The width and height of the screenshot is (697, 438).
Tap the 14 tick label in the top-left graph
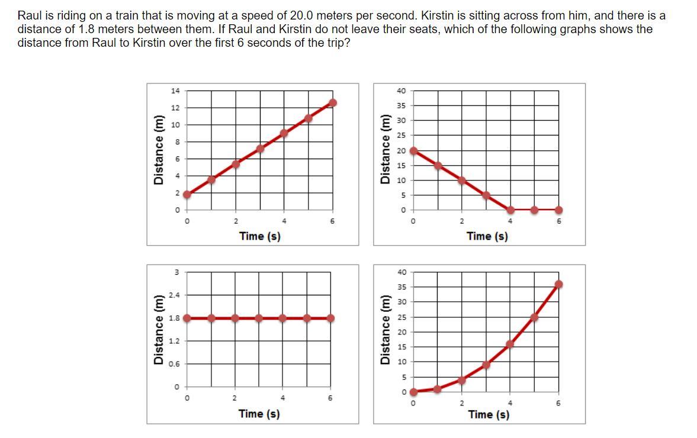175,91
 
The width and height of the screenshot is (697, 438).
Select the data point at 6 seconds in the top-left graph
332,103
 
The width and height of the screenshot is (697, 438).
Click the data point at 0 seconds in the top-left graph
188,194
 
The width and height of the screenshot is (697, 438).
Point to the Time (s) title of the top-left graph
260,236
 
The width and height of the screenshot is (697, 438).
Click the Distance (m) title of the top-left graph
158,150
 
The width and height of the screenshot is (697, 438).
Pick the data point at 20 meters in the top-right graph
414,151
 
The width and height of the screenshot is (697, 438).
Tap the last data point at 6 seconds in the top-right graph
558,210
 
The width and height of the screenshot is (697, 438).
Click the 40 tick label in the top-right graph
402,91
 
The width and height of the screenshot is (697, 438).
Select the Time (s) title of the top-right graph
487,236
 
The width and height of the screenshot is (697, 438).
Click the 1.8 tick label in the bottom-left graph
174,318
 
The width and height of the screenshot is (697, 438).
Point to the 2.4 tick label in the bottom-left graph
174,295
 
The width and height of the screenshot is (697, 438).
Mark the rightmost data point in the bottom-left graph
330,318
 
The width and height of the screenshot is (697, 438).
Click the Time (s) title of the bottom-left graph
259,414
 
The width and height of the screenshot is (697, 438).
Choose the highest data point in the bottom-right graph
558,285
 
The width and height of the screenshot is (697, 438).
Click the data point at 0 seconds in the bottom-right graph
414,391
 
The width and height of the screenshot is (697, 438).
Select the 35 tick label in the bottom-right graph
402,287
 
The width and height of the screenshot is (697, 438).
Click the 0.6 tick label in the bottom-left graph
174,364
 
